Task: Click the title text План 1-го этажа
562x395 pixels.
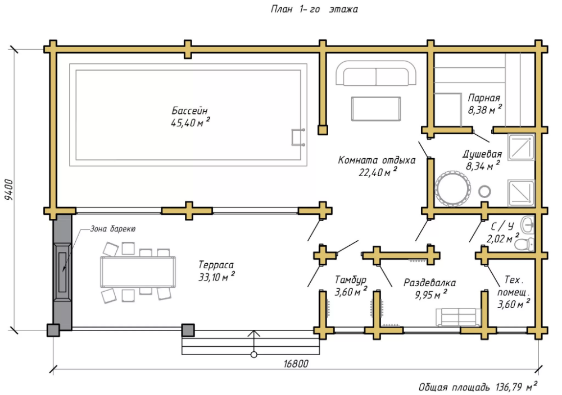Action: tap(314, 10)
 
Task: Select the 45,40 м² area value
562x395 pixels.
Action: tap(191, 122)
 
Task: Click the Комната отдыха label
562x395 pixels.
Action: tap(377, 160)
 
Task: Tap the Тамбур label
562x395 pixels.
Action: tap(351, 279)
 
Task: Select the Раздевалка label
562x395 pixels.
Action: tap(429, 282)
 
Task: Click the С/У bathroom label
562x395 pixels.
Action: tap(502, 227)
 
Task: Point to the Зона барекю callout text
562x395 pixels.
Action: tap(112, 229)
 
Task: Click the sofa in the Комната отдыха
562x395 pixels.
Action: tap(377, 75)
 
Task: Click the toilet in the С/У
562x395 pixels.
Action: tap(524, 244)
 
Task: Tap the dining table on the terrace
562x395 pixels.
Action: tap(138, 272)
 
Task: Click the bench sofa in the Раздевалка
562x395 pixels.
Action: tap(457, 317)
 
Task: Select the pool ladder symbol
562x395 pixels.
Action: tap(297, 137)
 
